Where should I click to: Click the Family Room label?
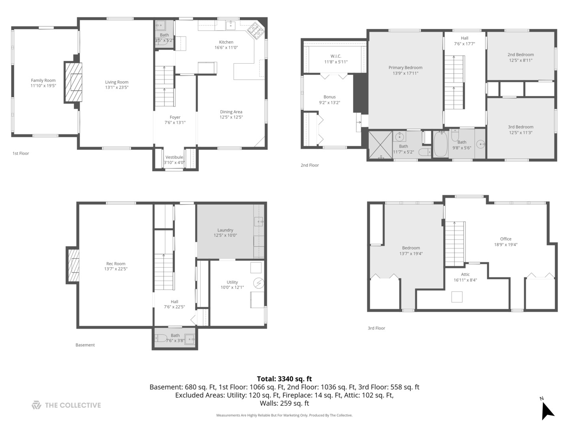click(43, 80)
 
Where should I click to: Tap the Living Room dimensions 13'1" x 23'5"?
click(117, 87)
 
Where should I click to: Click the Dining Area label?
click(231, 112)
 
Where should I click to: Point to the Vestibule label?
click(174, 157)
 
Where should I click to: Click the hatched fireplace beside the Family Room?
click(73, 83)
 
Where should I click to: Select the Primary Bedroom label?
click(405, 68)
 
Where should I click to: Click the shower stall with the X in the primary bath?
click(380, 145)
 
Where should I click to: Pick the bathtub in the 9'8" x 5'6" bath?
click(441, 145)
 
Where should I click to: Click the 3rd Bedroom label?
click(521, 127)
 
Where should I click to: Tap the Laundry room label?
click(225, 230)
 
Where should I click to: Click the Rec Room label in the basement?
click(116, 264)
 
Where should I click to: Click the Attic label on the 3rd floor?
click(465, 274)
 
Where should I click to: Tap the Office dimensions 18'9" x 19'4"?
click(506, 245)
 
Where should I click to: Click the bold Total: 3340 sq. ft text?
click(284, 379)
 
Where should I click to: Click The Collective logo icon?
click(36, 405)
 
